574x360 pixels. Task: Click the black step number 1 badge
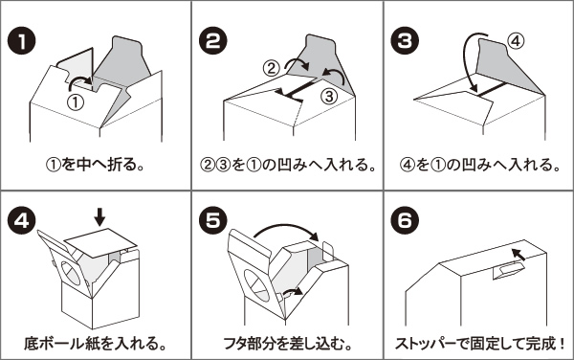click(x=21, y=41)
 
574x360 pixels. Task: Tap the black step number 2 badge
click(x=213, y=41)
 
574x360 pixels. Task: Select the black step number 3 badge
click(x=405, y=41)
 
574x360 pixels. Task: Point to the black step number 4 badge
click(x=21, y=221)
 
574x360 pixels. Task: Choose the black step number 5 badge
click(x=213, y=221)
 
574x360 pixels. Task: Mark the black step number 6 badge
click(x=405, y=221)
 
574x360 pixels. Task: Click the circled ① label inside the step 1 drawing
click(x=76, y=102)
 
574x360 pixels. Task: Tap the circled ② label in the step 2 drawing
click(x=272, y=68)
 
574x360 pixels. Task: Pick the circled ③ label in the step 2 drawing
click(x=328, y=96)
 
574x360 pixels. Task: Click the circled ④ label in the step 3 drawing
click(x=516, y=41)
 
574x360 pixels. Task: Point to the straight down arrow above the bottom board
click(x=99, y=218)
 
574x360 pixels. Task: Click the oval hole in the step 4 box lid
click(x=70, y=273)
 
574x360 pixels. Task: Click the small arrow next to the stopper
click(x=519, y=254)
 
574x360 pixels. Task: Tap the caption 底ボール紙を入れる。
click(x=95, y=343)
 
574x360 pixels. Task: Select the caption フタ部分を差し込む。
click(x=287, y=343)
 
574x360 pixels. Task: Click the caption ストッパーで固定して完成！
click(x=480, y=343)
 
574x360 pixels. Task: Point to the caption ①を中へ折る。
click(x=95, y=165)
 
